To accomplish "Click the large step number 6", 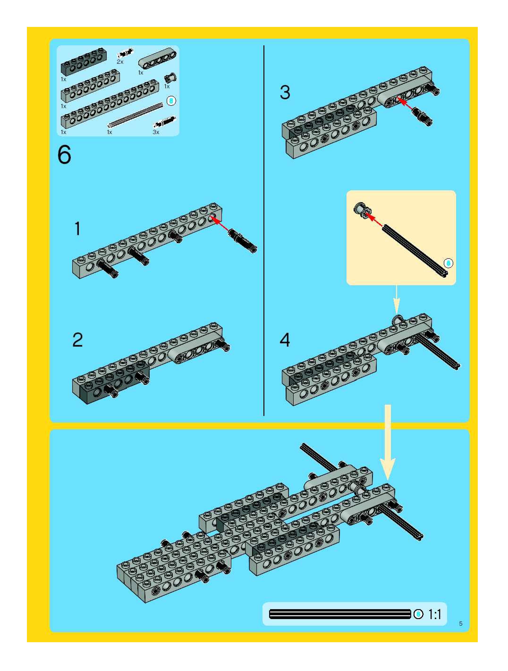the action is coord(64,155).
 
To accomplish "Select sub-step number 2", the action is coord(78,340).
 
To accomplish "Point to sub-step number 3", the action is coord(285,92).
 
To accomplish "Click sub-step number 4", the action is coord(285,340).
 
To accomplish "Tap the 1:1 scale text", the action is coord(435,615).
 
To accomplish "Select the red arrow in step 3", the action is coord(405,104).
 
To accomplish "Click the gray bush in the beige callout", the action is coord(361,209).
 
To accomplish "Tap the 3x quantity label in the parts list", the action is coord(156,132).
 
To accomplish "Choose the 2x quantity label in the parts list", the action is coord(120,62).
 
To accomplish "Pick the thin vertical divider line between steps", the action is coord(264,230).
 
